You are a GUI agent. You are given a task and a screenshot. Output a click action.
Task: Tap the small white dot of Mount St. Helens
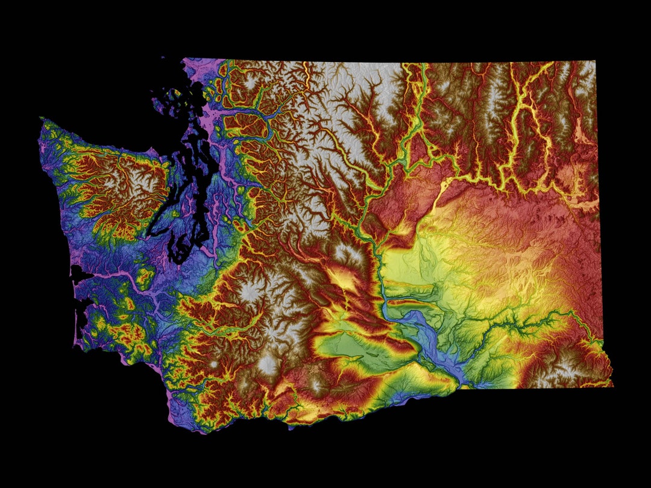(214, 365)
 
